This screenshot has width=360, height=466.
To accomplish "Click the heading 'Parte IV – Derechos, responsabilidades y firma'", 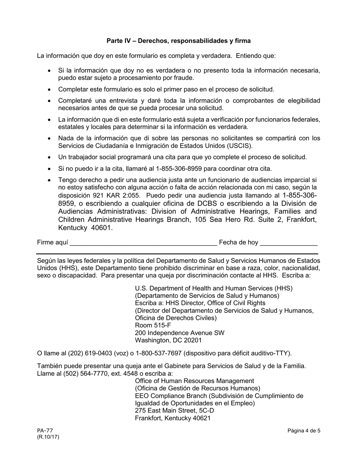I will coord(178,41).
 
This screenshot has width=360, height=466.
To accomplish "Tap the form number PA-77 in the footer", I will coord(45,430).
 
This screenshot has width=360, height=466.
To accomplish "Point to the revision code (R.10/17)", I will coord(48,437).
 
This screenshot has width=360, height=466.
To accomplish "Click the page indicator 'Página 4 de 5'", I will coord(304,430).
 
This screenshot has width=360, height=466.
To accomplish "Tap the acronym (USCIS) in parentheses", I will coord(240,146).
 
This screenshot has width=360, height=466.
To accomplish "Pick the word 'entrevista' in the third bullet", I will coord(120,101).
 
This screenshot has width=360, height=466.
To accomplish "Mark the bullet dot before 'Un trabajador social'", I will coord(49,157).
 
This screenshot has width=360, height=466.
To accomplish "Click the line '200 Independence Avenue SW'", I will coord(179,333).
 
